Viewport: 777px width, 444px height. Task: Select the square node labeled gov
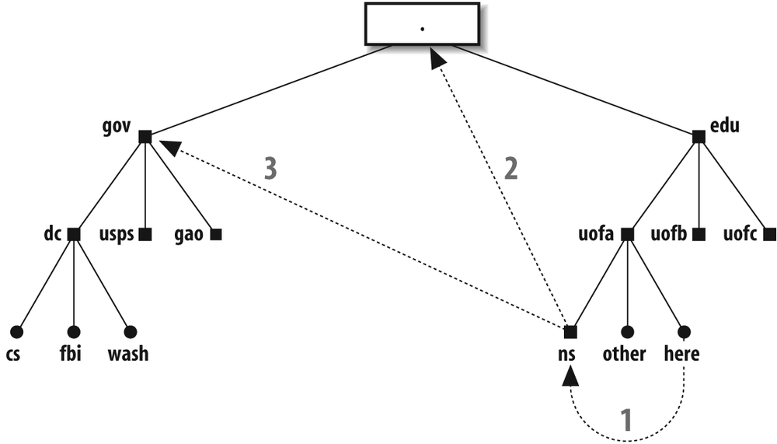(x=145, y=137)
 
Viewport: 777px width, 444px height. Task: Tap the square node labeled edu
(x=698, y=137)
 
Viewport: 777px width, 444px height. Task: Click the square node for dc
(x=74, y=234)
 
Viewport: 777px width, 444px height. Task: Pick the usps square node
(x=145, y=234)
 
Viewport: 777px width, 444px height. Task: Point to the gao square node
(x=215, y=234)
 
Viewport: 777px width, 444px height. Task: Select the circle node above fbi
(x=74, y=332)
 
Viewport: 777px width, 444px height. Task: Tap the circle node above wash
(x=130, y=332)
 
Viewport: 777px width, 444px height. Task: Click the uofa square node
(x=627, y=234)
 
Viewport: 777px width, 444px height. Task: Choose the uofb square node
(x=698, y=234)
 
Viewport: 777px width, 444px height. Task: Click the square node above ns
(x=570, y=332)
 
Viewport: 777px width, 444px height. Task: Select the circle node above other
(x=627, y=332)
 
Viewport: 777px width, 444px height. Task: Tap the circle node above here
(x=683, y=332)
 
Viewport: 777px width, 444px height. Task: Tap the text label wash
(x=128, y=355)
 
